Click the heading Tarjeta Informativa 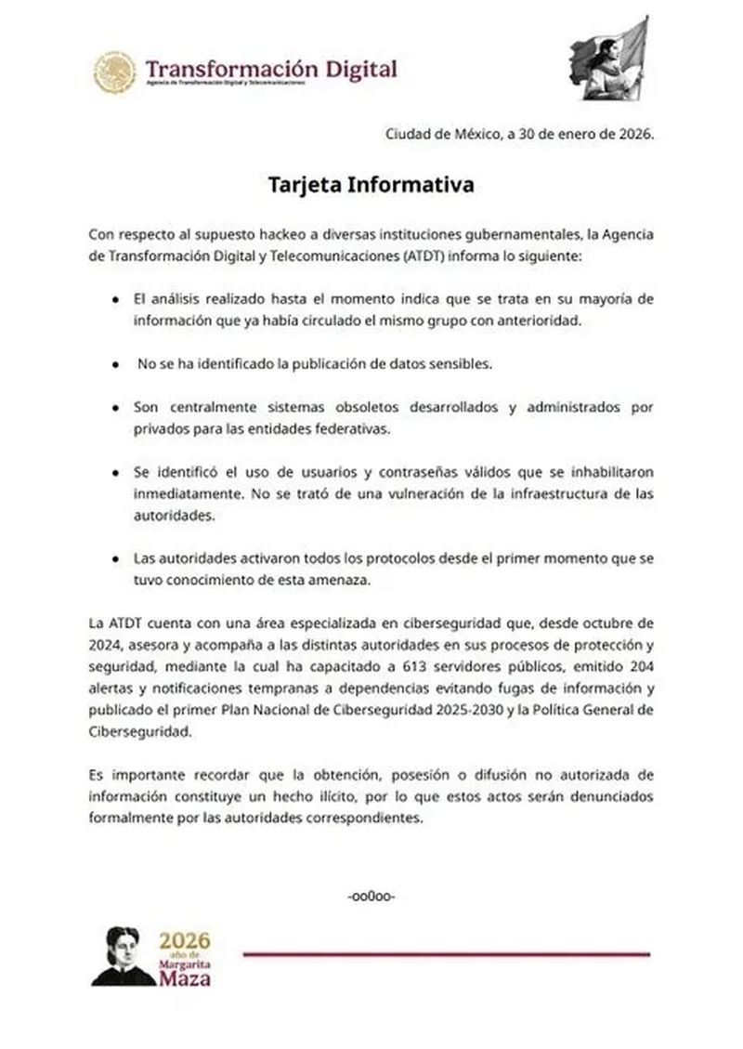[x=371, y=184]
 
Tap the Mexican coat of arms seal [x=115, y=71]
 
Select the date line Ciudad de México [x=520, y=134]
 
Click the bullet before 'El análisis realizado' [x=113, y=300]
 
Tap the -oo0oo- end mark [x=371, y=897]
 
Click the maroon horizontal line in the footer [x=446, y=954]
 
